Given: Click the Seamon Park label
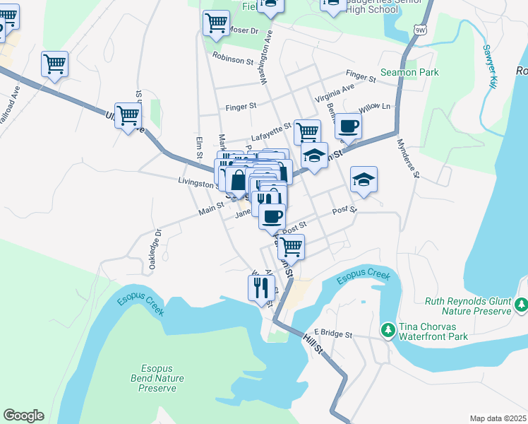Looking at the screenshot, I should tap(409, 72).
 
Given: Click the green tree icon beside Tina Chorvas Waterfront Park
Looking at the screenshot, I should tap(388, 330).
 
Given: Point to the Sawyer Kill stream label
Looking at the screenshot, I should tap(489, 67).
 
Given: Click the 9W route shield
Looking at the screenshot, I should tap(421, 30).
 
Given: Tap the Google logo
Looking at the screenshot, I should tap(23, 416).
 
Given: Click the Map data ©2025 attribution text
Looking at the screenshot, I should tap(498, 418).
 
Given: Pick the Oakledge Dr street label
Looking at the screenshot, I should tap(155, 248).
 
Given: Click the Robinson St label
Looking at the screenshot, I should tap(232, 60).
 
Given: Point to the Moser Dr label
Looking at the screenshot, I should tap(244, 32).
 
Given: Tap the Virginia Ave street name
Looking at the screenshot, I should tap(335, 90).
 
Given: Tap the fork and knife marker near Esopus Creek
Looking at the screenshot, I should tap(261, 288).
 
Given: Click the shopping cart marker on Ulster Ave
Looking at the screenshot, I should tap(128, 115).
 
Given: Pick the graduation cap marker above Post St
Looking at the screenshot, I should tap(364, 179).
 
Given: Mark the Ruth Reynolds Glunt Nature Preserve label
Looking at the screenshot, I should tap(467, 305).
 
